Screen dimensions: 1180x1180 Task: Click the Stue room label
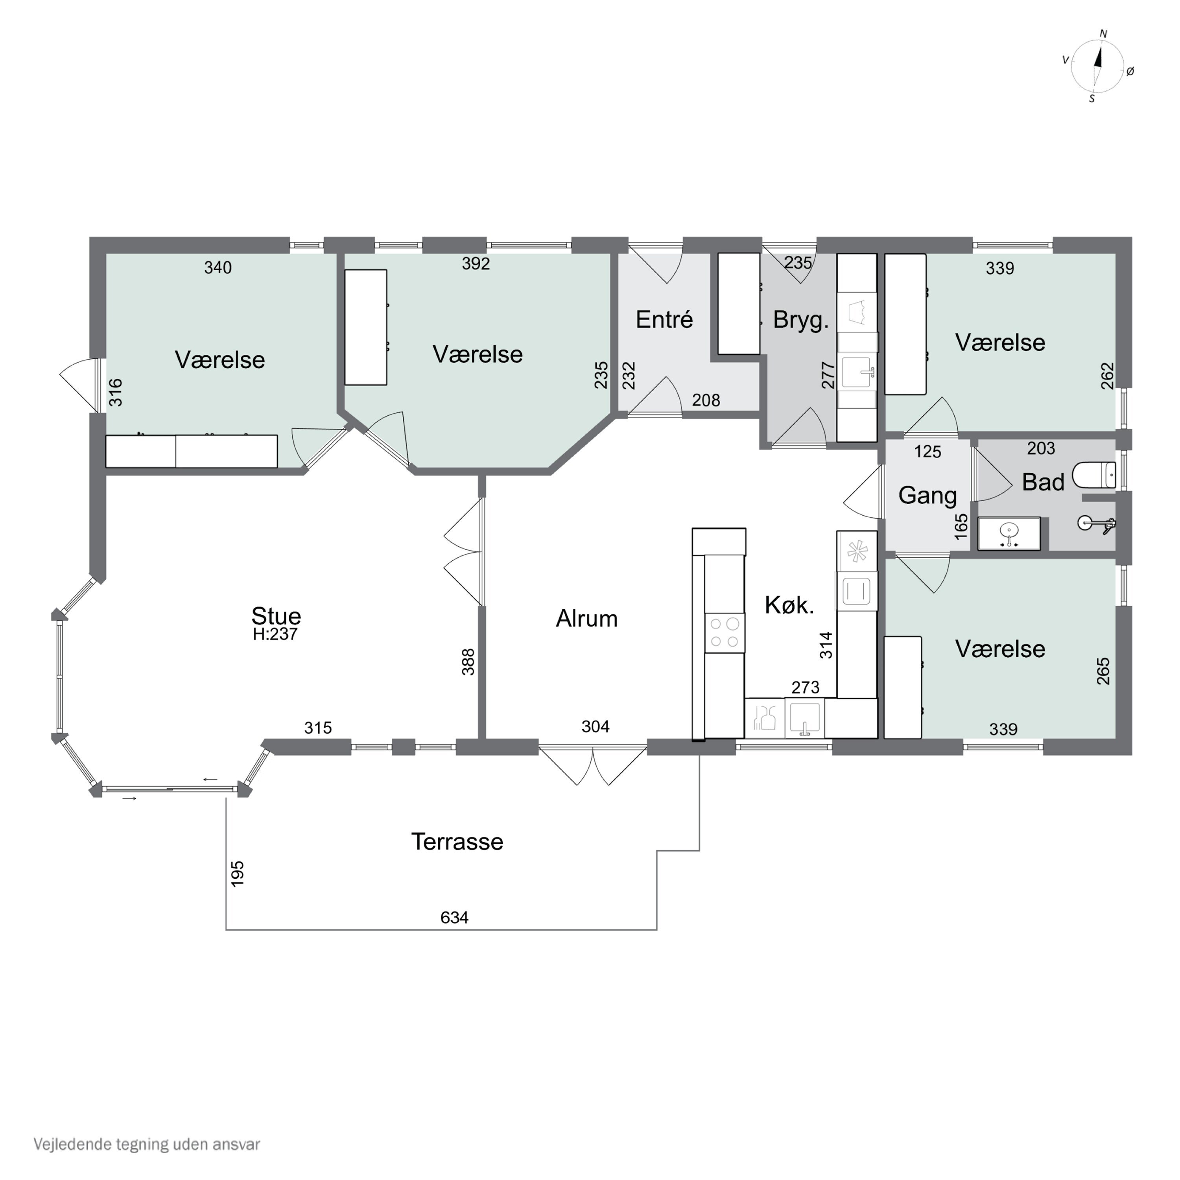[x=276, y=615]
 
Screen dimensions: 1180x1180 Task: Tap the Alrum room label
[x=587, y=619]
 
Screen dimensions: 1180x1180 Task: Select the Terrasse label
[x=457, y=842]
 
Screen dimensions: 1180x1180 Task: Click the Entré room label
[x=664, y=319]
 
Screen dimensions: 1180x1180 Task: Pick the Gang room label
[x=927, y=495]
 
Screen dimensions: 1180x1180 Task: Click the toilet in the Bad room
[x=1094, y=475]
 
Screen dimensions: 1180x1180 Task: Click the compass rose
[x=1097, y=66]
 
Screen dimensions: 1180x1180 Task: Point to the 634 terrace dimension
[x=454, y=917]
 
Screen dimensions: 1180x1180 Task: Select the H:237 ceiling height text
[x=275, y=634]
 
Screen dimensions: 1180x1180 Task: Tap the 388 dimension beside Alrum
[x=468, y=662]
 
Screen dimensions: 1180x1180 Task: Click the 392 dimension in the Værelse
[x=476, y=263]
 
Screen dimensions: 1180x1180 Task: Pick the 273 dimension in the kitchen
[x=805, y=687]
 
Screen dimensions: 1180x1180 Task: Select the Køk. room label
[x=789, y=605]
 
